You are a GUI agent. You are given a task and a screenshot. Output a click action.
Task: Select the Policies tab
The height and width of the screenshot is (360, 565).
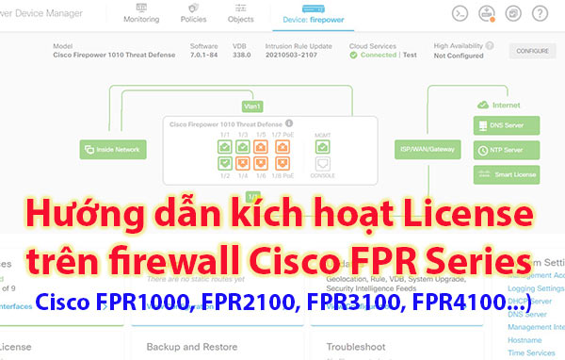coord(195,14)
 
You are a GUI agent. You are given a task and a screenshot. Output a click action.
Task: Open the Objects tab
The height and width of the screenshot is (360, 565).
coord(240,14)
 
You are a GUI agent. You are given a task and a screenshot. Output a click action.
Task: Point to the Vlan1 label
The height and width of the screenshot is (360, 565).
coord(251,106)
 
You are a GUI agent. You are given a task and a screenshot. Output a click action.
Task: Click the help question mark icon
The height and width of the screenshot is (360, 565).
coord(541,14)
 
